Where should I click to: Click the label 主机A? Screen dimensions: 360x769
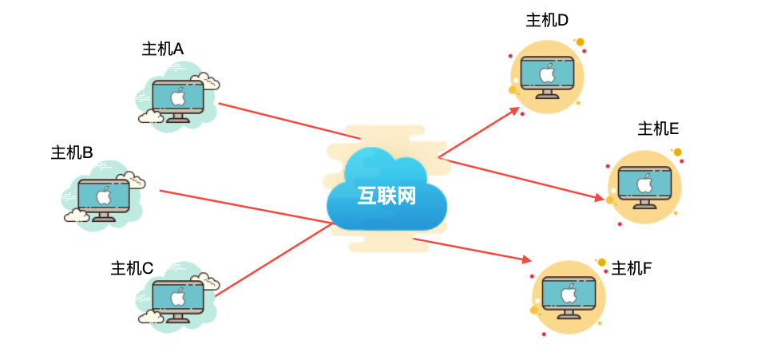tap(163, 49)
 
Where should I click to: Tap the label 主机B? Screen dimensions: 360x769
tap(72, 152)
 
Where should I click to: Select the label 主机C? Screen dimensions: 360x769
tap(132, 269)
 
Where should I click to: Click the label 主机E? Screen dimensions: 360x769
tap(658, 129)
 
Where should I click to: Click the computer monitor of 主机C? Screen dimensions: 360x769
tap(177, 295)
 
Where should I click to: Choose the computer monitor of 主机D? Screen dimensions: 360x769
tap(547, 75)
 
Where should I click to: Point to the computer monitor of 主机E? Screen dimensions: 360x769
tap(644, 184)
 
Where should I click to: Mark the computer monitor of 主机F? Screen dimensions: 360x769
tap(569, 294)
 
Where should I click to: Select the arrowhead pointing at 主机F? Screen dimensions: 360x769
tap(526, 259)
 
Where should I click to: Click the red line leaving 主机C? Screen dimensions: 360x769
tap(272, 260)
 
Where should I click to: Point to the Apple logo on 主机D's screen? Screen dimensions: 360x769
tap(547, 74)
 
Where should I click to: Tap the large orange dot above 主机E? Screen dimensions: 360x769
tap(677, 152)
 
